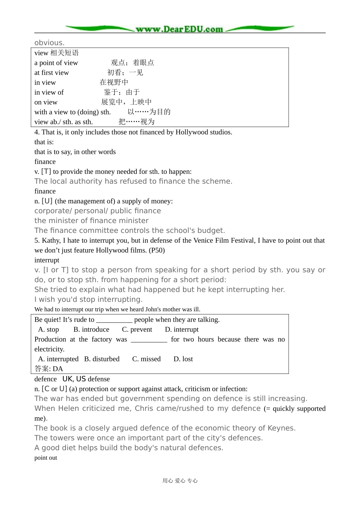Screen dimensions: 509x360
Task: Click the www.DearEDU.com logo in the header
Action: point(180,29)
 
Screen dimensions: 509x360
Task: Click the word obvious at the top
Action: point(49,43)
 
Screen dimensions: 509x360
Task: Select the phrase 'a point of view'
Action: point(56,63)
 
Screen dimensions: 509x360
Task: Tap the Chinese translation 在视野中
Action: point(114,82)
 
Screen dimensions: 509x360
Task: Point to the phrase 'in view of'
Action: point(49,92)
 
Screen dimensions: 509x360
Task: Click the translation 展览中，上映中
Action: point(126,102)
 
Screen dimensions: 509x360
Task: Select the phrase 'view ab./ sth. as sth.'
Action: point(63,122)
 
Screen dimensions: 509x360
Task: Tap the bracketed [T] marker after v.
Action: point(46,172)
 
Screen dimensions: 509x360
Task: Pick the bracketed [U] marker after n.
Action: point(47,201)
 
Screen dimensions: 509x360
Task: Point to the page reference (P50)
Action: point(157,250)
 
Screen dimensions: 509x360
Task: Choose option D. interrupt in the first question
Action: point(182,329)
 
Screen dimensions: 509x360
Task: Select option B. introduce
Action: point(91,329)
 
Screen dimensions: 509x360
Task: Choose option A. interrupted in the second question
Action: point(58,359)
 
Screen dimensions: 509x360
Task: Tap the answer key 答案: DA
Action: point(49,369)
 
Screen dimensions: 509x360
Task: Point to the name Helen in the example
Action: point(69,409)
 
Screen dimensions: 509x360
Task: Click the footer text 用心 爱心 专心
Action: point(180,481)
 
